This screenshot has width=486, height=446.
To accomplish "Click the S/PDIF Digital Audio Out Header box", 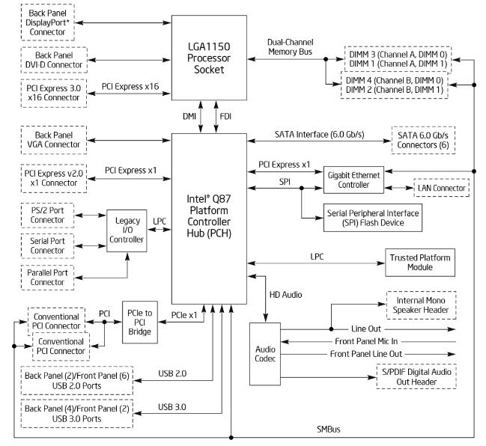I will click(420, 376).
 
